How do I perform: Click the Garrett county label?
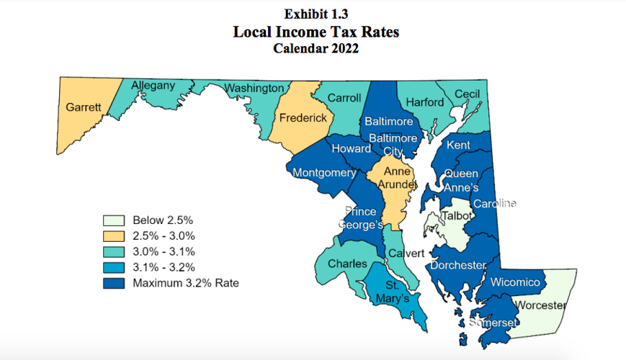[84, 107]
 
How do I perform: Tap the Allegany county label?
[153, 86]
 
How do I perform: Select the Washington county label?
[254, 88]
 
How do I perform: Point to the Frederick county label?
[303, 117]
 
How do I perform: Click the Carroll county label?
[344, 98]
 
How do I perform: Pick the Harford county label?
[425, 102]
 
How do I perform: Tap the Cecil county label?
[467, 94]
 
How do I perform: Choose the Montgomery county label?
[324, 173]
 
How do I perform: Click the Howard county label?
[351, 148]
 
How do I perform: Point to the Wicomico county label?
[515, 282]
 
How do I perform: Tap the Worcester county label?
[541, 306]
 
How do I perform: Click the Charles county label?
[347, 264]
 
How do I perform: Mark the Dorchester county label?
[458, 266]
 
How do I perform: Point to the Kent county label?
[459, 145]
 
